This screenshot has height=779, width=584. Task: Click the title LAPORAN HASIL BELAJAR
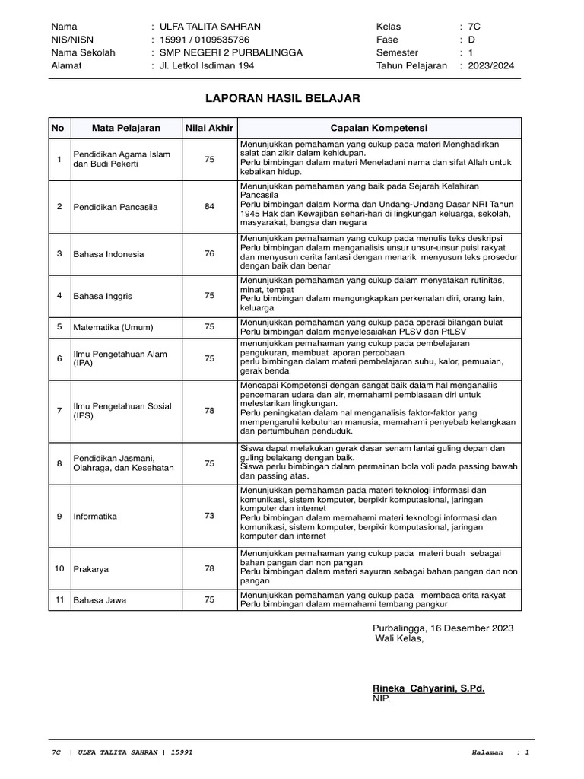[x=283, y=98]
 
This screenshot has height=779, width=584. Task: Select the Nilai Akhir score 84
[x=209, y=206]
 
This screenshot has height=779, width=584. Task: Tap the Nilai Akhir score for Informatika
[x=209, y=516]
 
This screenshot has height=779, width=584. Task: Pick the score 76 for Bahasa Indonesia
[x=209, y=253]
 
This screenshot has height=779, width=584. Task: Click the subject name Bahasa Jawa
[x=100, y=600]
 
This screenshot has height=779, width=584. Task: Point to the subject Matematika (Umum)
[x=113, y=327]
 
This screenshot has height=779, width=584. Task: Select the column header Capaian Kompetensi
[x=378, y=128]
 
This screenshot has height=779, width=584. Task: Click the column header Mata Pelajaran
[x=126, y=128]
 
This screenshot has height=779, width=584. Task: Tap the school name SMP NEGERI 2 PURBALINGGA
[x=230, y=52]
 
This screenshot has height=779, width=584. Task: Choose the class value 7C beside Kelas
[x=475, y=27]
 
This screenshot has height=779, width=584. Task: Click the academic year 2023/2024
[x=492, y=65]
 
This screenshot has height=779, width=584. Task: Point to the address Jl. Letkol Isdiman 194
[x=207, y=65]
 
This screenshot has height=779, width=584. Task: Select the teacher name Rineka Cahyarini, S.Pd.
[x=428, y=688]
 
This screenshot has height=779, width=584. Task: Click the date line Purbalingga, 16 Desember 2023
[x=443, y=628]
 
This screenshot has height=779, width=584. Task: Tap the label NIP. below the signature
[x=381, y=698]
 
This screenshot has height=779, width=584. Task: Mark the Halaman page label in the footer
[x=487, y=752]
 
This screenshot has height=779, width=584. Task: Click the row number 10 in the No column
[x=59, y=568]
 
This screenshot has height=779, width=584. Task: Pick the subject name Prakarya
[x=90, y=568]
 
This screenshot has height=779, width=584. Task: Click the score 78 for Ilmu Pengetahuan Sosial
[x=209, y=410]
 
